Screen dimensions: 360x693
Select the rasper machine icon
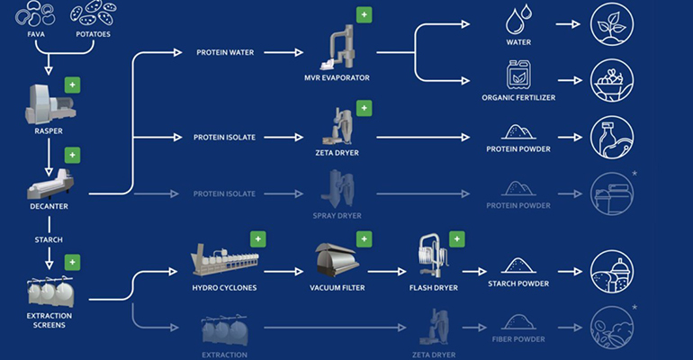click(44, 107)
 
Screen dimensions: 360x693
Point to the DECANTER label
click(47, 207)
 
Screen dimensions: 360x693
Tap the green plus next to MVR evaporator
click(364, 15)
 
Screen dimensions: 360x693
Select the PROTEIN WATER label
click(226, 53)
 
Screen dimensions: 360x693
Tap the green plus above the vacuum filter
click(364, 239)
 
